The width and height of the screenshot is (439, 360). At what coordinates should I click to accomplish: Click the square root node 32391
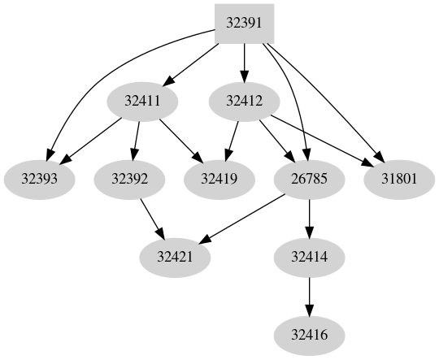coord(243,24)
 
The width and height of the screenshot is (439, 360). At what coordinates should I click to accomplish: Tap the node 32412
coord(245,102)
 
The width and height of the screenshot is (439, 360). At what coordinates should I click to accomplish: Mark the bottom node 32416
coord(309,334)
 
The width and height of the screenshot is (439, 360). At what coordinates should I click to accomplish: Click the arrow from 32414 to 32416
coord(309,295)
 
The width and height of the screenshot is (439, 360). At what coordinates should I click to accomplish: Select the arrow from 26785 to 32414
coord(309,217)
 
